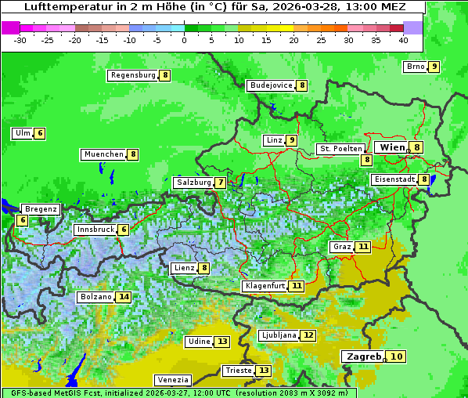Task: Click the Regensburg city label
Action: [133, 75]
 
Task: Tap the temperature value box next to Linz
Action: [291, 140]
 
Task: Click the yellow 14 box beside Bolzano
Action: [124, 297]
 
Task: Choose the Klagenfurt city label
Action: [264, 286]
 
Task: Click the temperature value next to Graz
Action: [362, 247]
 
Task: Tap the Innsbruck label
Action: [95, 230]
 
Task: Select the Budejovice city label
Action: [271, 85]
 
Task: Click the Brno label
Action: [415, 67]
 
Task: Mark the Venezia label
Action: [171, 380]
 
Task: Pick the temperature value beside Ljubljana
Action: [308, 335]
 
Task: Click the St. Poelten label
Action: [340, 148]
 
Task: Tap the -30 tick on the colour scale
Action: [20, 39]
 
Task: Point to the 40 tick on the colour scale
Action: [403, 39]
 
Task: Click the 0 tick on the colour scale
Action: [184, 39]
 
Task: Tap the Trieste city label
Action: [238, 371]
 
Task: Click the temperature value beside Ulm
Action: [40, 133]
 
